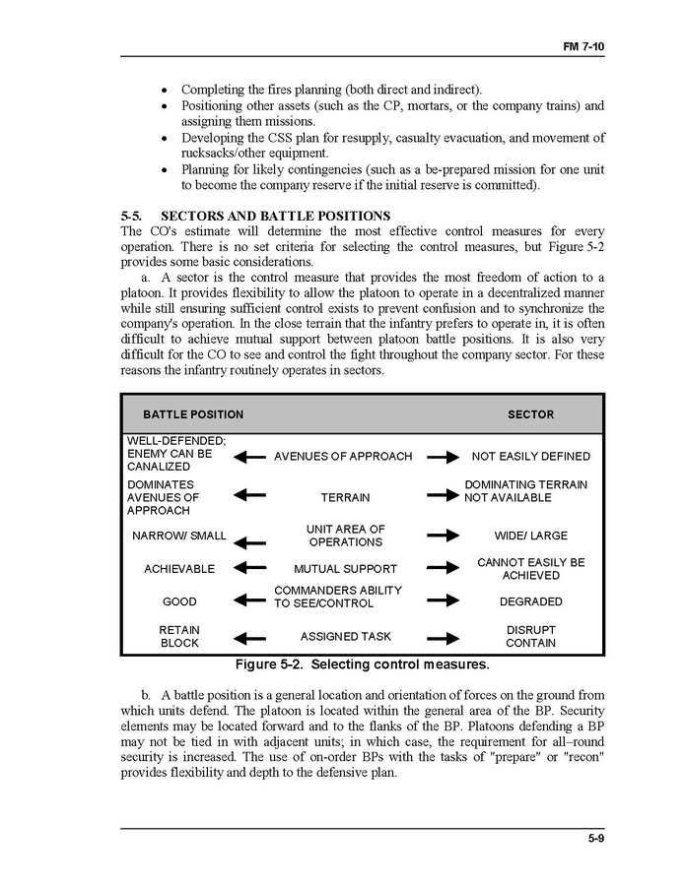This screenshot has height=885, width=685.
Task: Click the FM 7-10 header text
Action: tap(584, 46)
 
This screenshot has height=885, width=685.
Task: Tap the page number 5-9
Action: tap(594, 839)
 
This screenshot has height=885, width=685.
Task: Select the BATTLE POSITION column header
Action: tap(193, 414)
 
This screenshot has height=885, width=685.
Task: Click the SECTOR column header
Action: tap(530, 414)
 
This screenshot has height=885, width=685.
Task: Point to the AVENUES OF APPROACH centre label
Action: tap(343, 457)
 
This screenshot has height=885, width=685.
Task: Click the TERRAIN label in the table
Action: tap(345, 498)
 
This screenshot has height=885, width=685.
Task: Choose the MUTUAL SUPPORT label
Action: tap(345, 569)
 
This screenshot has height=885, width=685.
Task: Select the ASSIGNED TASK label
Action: tap(345, 637)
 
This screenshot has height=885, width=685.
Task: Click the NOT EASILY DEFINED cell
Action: tap(530, 457)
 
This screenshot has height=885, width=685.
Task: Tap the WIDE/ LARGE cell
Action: tap(530, 537)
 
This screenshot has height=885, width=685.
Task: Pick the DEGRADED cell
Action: tap(530, 601)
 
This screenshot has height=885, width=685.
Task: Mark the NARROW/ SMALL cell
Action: tap(179, 537)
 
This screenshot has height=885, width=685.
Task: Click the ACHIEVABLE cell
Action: tap(179, 569)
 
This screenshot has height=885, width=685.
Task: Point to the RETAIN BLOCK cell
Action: tap(179, 637)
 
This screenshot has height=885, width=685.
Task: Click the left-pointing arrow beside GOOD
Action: tap(250, 601)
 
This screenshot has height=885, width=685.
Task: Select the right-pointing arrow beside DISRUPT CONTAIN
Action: tap(444, 637)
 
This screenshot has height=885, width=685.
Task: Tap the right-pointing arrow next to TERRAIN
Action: tap(444, 496)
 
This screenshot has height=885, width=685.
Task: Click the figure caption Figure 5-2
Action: tap(361, 664)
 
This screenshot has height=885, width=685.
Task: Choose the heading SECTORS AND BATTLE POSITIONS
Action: tap(275, 216)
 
